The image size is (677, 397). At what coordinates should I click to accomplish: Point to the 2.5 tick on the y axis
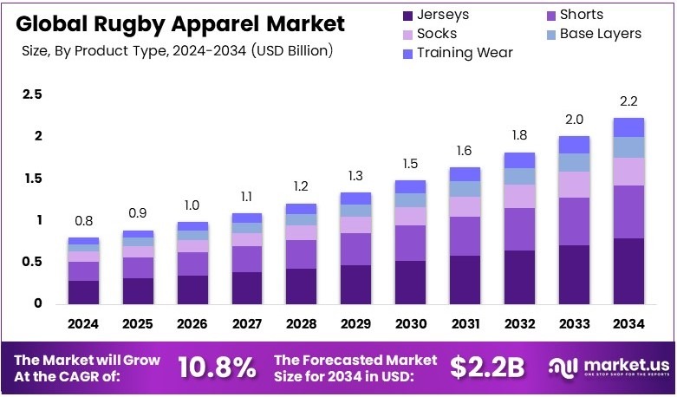(x=32, y=94)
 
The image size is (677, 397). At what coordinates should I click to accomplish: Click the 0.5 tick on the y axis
(x=32, y=262)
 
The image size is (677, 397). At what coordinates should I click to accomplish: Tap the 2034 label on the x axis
(x=628, y=324)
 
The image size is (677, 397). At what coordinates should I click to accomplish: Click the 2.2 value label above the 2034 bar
(x=628, y=101)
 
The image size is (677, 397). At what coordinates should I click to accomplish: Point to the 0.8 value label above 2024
(x=83, y=221)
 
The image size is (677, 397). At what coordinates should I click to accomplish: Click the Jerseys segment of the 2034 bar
(x=628, y=270)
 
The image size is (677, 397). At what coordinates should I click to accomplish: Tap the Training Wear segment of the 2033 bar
(x=573, y=145)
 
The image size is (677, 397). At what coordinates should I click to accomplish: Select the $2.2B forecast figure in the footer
(x=487, y=368)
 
